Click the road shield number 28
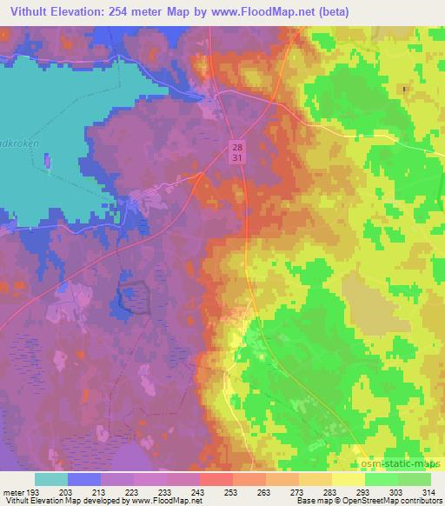point(238,146)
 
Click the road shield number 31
point(238,157)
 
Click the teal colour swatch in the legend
point(51,479)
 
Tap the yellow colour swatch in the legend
point(349,479)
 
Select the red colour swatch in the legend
point(214,479)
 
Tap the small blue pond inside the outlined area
point(128,300)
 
